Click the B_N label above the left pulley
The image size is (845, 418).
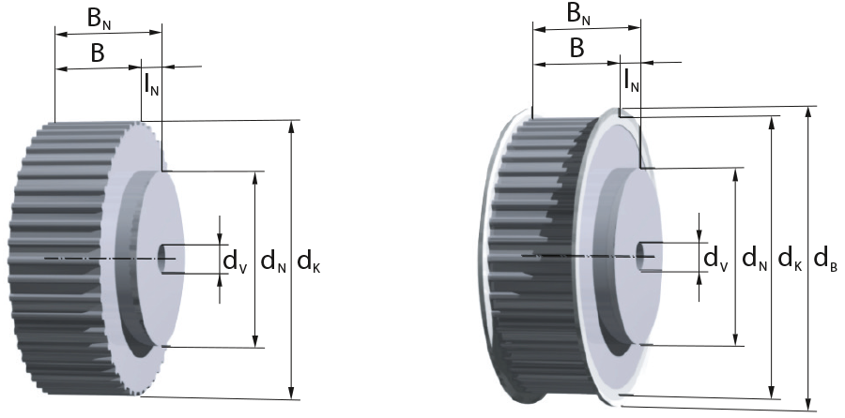pyautogui.click(x=100, y=20)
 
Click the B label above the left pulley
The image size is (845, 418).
pyautogui.click(x=97, y=53)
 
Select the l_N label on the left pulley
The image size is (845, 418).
pyautogui.click(x=151, y=83)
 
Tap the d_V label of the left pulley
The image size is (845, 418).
pyautogui.click(x=236, y=262)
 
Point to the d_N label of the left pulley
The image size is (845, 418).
pyautogui.click(x=274, y=262)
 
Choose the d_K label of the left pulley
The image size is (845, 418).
pyautogui.click(x=309, y=262)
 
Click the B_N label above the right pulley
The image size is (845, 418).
pyautogui.click(x=578, y=14)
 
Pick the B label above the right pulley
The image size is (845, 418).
pyautogui.click(x=576, y=49)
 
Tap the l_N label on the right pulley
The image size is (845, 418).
pyautogui.click(x=631, y=80)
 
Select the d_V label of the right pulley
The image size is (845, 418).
pyautogui.click(x=716, y=259)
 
